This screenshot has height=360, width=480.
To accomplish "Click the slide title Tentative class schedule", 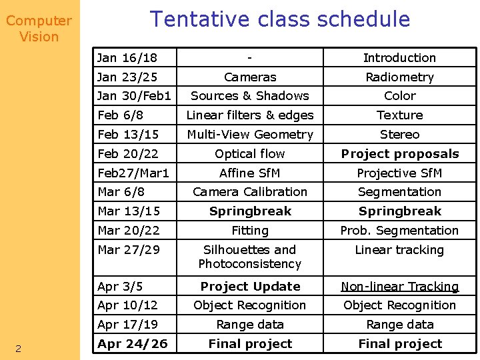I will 280,19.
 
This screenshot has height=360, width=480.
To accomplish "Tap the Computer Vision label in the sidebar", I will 39,29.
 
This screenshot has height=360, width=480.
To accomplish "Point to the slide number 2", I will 19,349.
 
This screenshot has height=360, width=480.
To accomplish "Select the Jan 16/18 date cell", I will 127,58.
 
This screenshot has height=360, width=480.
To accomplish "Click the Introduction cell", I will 399,58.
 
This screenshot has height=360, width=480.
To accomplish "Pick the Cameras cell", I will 250,77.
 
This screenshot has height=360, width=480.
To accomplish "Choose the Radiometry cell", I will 399,77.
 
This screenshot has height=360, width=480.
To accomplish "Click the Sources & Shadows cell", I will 250,96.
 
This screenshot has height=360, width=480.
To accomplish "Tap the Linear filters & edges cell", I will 250,115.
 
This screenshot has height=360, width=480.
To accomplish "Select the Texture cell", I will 399,115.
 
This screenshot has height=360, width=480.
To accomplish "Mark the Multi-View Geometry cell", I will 250,135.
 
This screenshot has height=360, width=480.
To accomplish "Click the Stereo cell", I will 399,135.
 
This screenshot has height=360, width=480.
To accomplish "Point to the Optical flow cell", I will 250,154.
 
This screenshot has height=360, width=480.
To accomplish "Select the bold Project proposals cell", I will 400,154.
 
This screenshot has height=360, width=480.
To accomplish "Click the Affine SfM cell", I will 250,173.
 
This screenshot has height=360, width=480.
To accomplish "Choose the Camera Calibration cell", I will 250,192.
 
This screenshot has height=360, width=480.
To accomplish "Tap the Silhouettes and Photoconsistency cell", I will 250,257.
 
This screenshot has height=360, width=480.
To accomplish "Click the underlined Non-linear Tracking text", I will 400,287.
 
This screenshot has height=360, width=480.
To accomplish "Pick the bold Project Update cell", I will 250,287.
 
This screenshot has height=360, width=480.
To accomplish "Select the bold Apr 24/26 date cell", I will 133,344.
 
